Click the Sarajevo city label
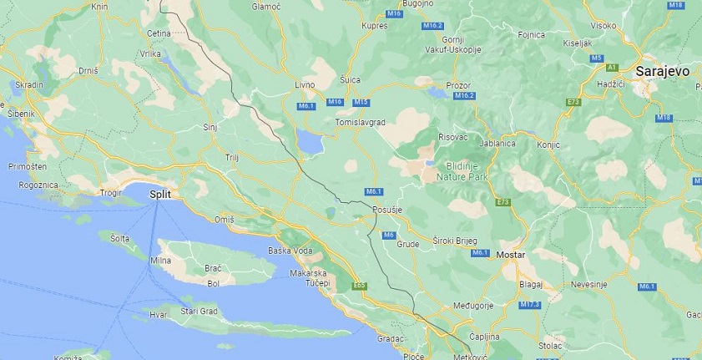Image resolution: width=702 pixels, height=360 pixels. point(662,72)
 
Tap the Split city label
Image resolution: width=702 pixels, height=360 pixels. point(160,194)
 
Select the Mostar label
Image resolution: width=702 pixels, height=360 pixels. point(509,253)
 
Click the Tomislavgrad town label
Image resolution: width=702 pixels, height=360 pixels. point(360,122)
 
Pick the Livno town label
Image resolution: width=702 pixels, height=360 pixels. point(305,85)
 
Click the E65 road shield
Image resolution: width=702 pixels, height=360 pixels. point(360,286)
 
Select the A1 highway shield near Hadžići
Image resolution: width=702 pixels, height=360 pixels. point(612,67)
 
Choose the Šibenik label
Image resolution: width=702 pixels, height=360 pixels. point(18,113)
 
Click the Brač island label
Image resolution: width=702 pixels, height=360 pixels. point(213,270)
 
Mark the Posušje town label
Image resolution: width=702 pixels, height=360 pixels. point(389,209)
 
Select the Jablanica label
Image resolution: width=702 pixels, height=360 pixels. point(496,143)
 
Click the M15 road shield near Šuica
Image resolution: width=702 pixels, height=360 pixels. point(361,102)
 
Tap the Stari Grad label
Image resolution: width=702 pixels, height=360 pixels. point(199,312)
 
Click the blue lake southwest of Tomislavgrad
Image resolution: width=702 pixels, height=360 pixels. point(310,145)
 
